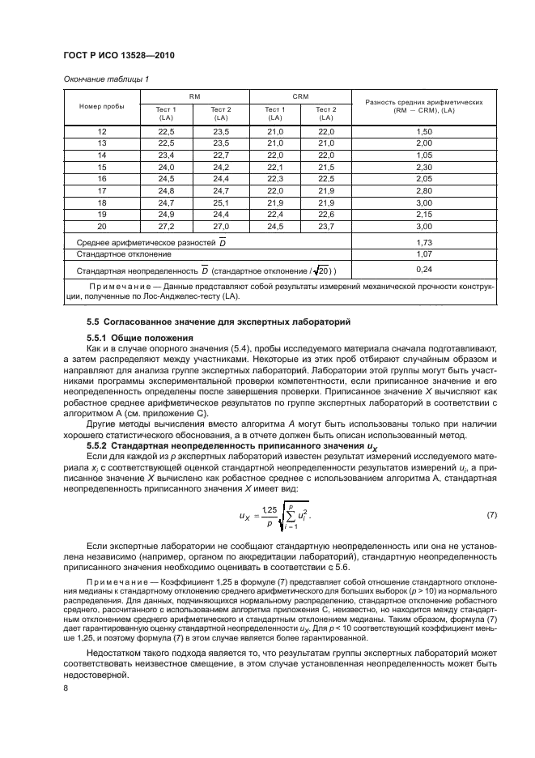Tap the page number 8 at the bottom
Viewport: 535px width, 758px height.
(x=67, y=688)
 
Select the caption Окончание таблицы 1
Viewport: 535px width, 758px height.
(x=106, y=79)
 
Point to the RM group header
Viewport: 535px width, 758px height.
(x=194, y=96)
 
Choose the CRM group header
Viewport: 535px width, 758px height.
(x=301, y=96)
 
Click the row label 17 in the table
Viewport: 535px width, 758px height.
(x=102, y=189)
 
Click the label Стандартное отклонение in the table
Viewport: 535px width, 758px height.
(x=118, y=253)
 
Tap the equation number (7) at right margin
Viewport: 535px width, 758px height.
(x=491, y=515)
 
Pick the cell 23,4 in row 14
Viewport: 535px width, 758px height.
(x=167, y=155)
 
